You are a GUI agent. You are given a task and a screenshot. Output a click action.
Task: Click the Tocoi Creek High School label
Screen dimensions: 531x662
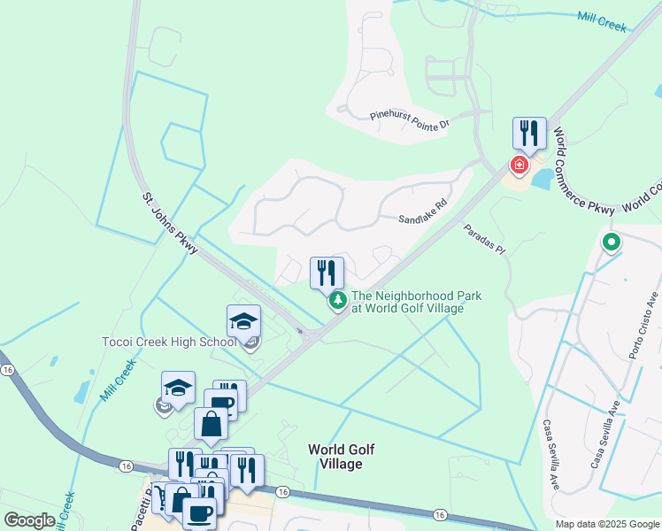(x=169, y=342)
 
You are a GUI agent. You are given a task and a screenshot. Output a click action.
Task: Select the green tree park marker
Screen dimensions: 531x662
(x=338, y=302)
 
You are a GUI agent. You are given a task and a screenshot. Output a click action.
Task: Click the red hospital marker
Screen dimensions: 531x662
(x=519, y=165)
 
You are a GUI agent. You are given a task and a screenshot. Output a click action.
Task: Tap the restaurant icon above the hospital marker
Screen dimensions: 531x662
(x=529, y=134)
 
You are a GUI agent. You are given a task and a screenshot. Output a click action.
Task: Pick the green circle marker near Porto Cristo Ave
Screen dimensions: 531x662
(x=611, y=241)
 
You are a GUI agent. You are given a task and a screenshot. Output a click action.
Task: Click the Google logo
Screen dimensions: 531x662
(x=29, y=520)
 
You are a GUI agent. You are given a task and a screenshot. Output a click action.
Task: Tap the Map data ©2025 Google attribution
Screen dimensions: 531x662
(x=607, y=524)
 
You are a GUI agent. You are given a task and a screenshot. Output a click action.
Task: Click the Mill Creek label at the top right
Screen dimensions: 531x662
(x=602, y=21)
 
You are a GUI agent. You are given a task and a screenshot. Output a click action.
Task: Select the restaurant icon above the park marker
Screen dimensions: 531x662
(x=327, y=273)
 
